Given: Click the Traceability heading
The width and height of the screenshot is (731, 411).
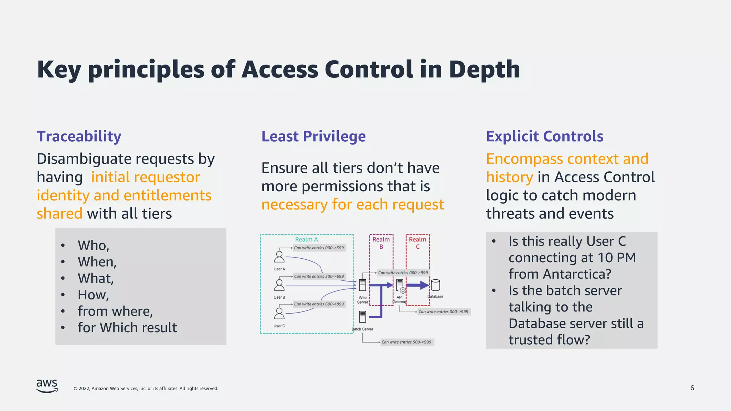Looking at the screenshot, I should point(79,136).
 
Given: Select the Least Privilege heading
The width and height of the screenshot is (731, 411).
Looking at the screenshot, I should point(313,136).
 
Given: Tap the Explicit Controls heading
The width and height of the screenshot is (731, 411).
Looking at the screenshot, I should point(544,136).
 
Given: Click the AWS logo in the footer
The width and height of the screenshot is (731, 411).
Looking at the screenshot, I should point(47,386).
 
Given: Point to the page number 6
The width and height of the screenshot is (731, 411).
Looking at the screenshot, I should point(692,388).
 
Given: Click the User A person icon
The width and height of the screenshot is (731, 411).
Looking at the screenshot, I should point(279,257).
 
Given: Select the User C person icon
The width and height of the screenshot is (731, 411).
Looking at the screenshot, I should point(279,314).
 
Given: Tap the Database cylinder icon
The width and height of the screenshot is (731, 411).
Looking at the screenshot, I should point(435,285).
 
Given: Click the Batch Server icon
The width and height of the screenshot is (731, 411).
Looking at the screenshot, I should point(362,316).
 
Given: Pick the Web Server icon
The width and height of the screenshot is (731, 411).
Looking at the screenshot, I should point(362,285).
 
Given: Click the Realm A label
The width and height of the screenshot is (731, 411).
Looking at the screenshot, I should point(306,239).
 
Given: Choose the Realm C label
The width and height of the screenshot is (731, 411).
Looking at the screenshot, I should point(417,243).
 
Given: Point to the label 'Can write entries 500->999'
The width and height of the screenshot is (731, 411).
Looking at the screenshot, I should point(406,342).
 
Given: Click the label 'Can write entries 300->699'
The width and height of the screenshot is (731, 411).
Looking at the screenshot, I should point(319,276).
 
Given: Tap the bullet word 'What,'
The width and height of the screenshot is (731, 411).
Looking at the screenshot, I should point(96,278).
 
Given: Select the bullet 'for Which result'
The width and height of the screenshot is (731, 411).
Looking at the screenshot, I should point(127,328).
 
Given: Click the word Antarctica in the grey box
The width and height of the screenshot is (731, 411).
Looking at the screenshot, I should point(577,274).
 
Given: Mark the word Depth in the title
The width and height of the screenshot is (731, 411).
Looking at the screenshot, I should point(484,69).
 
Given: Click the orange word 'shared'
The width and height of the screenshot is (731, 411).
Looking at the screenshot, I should point(60,213).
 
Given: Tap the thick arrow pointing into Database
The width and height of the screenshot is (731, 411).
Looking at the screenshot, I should point(417,285).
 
